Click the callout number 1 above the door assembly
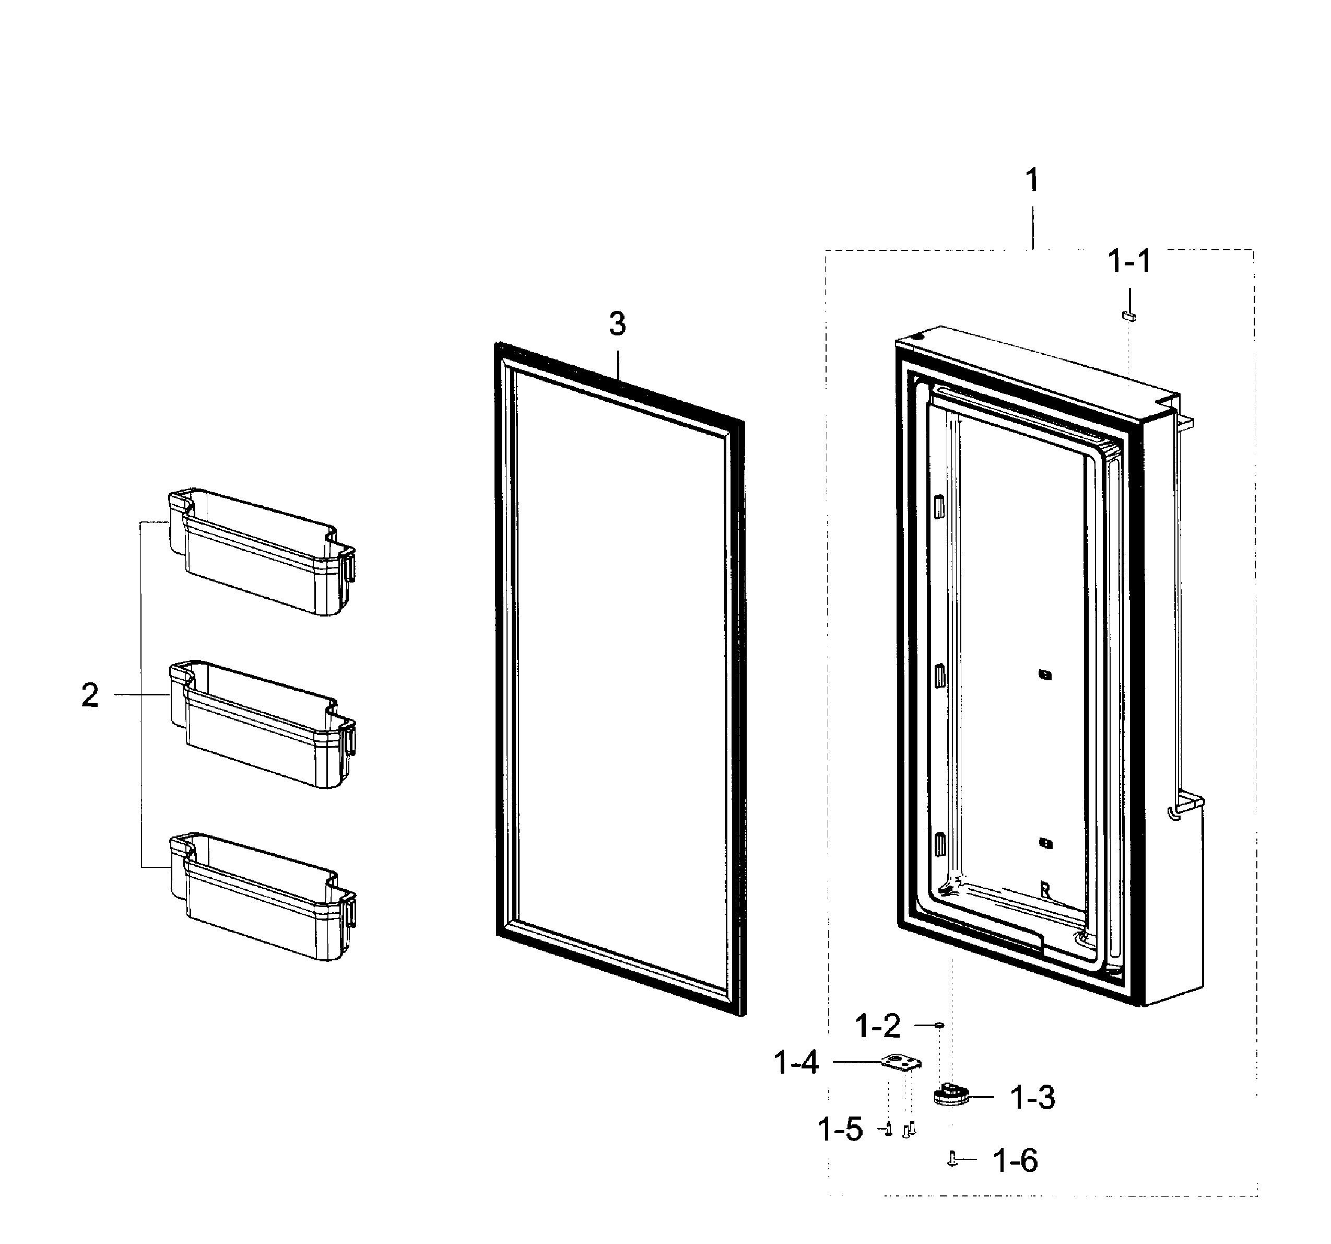[1033, 181]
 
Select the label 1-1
[1129, 261]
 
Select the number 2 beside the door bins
[90, 695]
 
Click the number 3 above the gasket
[617, 324]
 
